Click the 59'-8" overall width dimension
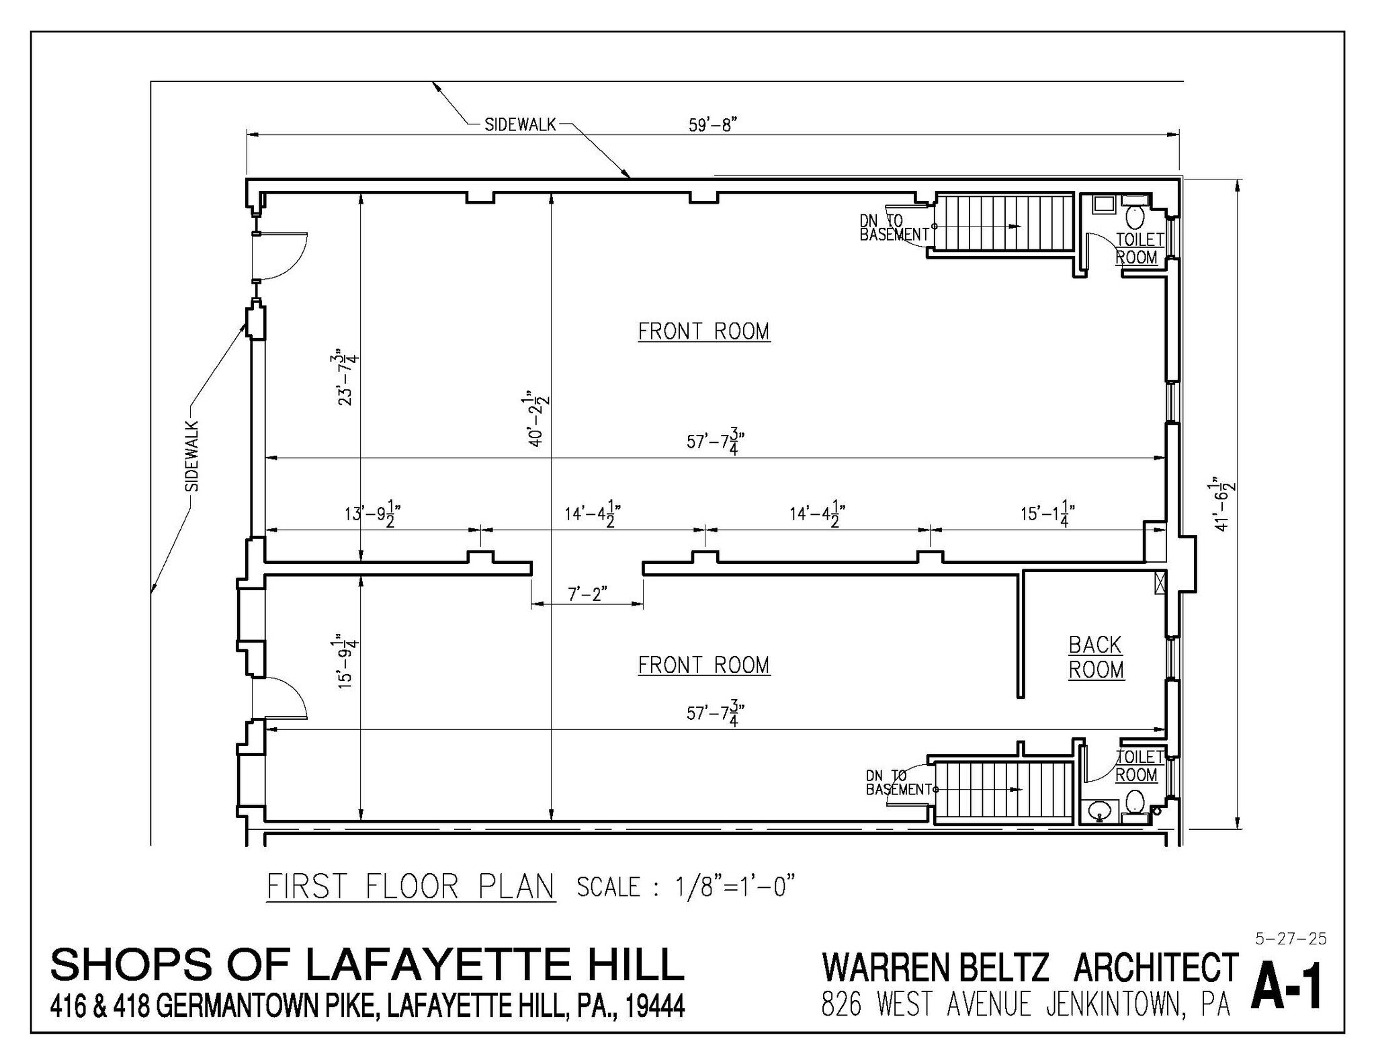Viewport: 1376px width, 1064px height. [x=713, y=126]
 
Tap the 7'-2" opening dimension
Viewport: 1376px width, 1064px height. [x=587, y=594]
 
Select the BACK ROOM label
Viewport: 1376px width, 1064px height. [x=1096, y=657]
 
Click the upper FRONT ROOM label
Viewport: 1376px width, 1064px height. [x=703, y=331]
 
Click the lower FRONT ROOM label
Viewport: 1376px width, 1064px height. [x=703, y=665]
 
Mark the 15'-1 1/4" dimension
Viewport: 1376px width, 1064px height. [x=1048, y=515]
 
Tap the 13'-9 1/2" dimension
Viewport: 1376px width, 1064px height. [x=373, y=515]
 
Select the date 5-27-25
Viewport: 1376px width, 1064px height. [x=1290, y=939]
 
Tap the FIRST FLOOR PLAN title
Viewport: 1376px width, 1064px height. [x=411, y=887]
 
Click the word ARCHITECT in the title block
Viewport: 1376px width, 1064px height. [x=1155, y=968]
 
